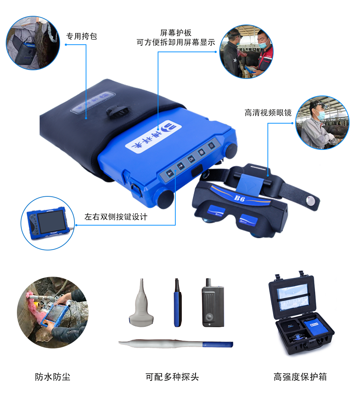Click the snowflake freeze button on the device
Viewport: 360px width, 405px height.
(x=202, y=152)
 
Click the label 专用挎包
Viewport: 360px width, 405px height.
(x=82, y=36)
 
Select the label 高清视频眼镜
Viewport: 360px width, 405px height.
(x=268, y=112)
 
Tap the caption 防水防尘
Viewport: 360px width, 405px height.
(x=53, y=377)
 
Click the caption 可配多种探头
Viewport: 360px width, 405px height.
(x=172, y=377)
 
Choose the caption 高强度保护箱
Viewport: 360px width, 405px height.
(x=300, y=377)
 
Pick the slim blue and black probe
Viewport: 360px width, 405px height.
(x=177, y=303)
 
